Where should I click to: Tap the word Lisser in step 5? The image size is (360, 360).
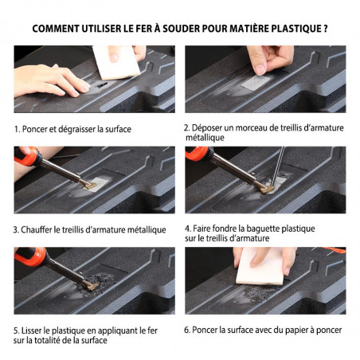[x=37, y=330]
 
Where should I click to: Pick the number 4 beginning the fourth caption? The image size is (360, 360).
[x=188, y=228]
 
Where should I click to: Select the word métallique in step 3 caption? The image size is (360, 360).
[x=139, y=229]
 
